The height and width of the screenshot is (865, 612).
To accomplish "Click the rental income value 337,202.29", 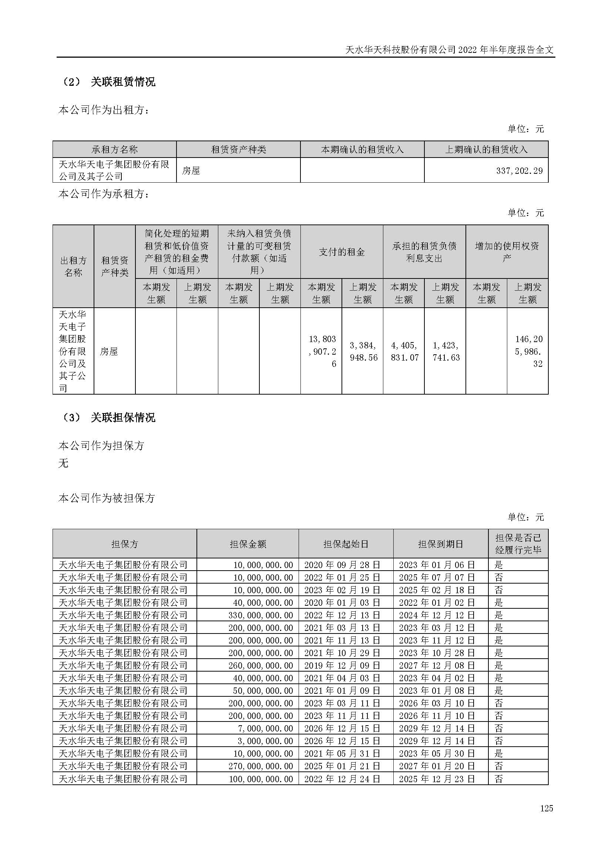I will point(519,170).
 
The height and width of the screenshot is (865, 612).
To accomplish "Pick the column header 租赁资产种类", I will point(238,149).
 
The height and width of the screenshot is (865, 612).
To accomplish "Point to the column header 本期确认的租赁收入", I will point(362,149).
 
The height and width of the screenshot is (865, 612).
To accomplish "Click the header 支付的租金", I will point(342,252).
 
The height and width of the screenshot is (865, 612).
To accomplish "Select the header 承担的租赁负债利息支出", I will point(424,252).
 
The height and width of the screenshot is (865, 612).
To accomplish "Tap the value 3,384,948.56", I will point(363,351).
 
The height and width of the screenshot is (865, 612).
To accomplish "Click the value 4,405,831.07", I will point(404,351).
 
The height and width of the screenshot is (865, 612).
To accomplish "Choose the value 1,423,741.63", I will point(445,351).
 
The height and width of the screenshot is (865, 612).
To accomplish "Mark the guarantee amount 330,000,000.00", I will point(260,615).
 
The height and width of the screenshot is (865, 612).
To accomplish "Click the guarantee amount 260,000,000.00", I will point(260,665).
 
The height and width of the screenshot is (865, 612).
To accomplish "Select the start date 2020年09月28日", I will point(342,565).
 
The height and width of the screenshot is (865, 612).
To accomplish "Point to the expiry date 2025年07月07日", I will point(437,577).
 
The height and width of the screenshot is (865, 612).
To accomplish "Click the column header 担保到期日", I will point(441,544).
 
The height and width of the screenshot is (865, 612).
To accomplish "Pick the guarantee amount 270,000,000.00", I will point(260,766).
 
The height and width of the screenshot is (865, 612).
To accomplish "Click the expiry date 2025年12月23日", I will point(437,779).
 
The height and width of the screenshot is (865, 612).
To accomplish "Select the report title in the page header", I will point(449,50).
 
